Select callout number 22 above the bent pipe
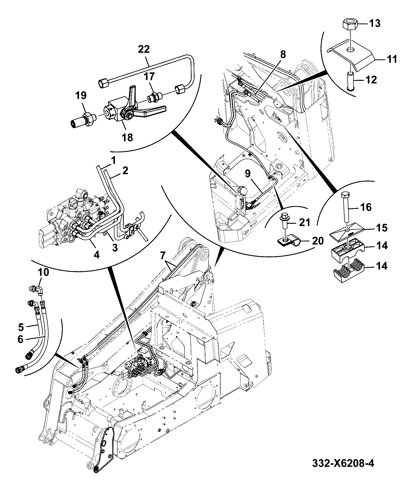coord(144,50)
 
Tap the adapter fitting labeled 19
coord(83,121)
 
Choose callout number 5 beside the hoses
coord(21,327)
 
